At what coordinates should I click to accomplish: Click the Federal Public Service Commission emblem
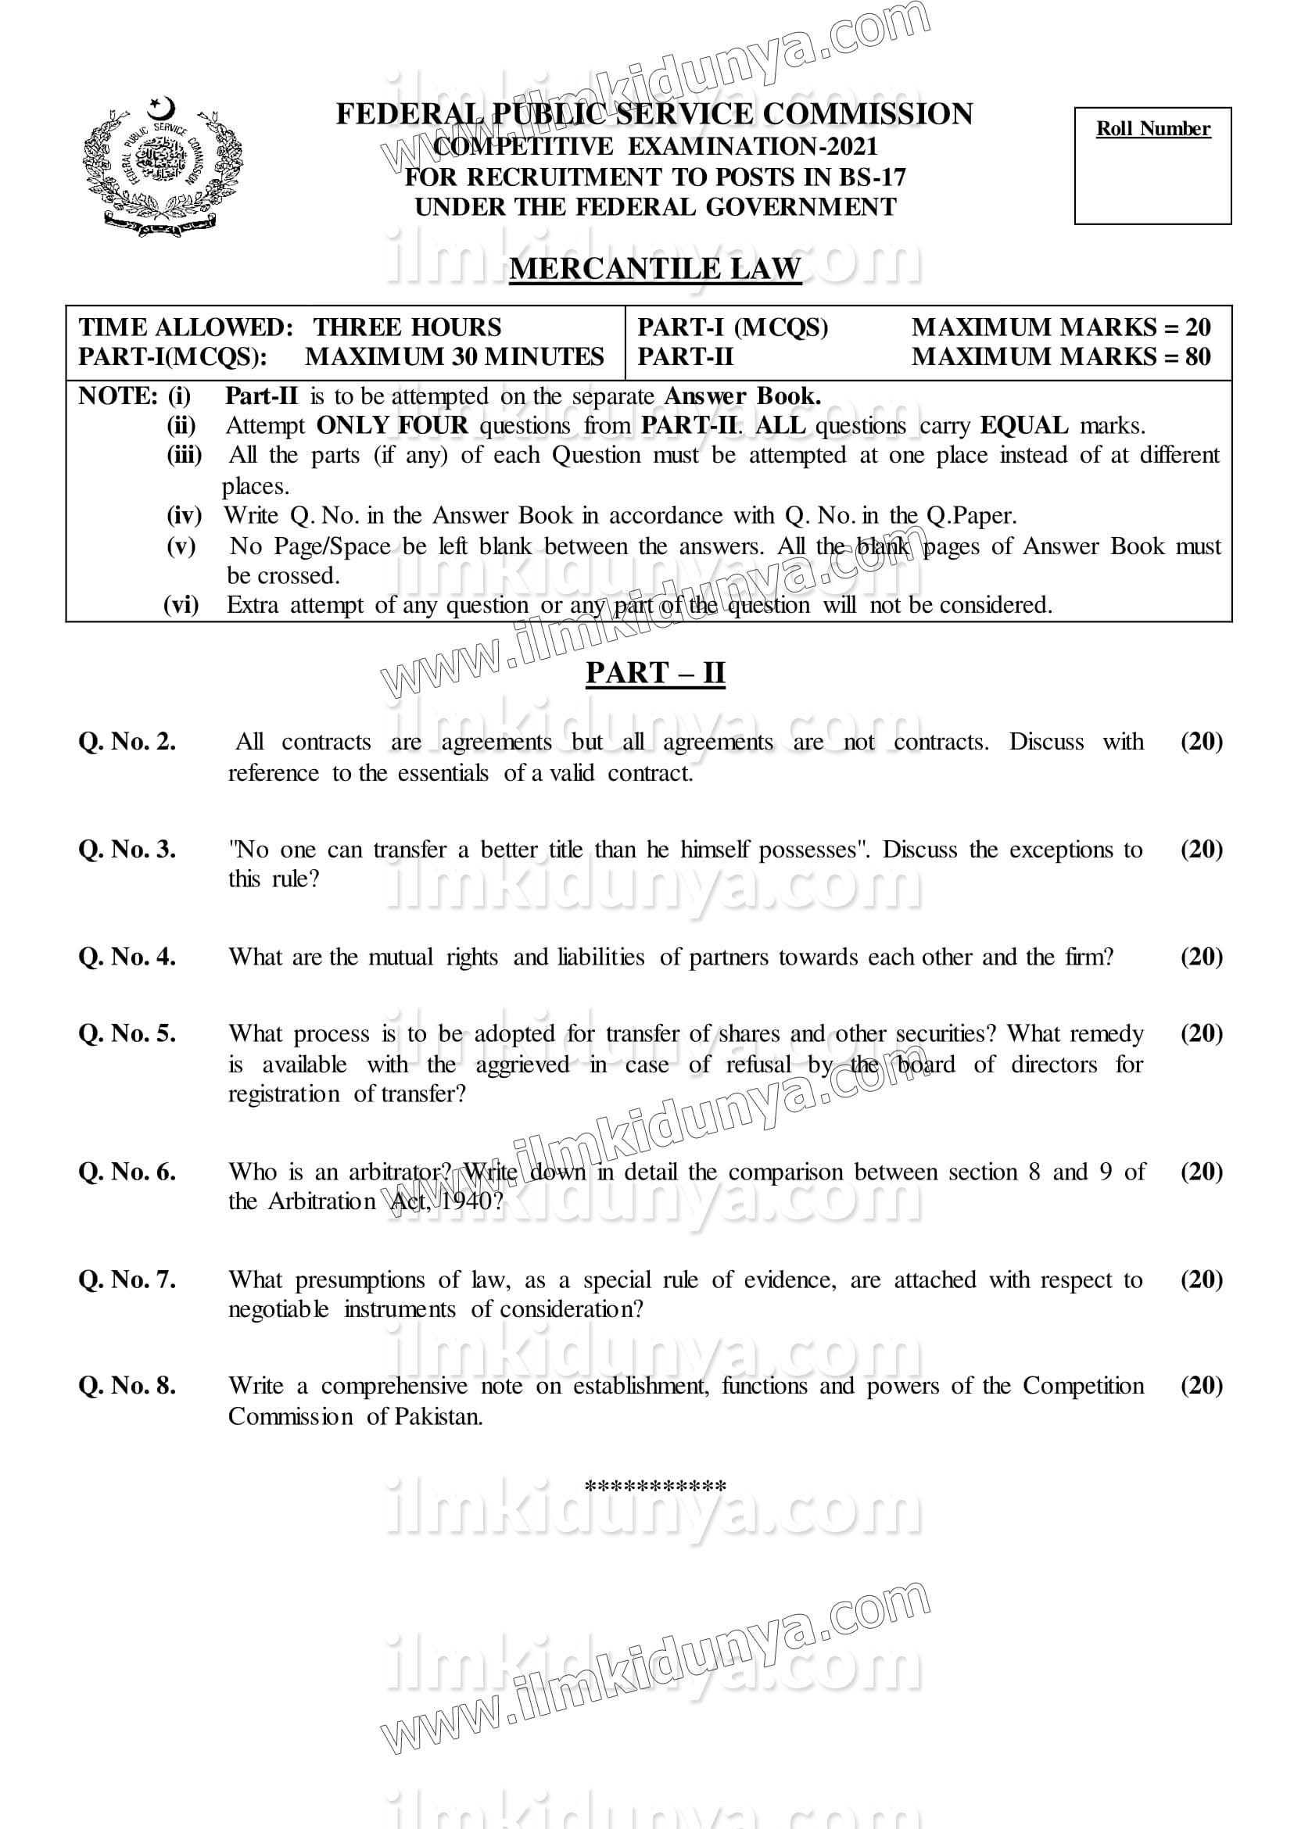pos(163,166)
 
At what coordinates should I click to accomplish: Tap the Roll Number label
pos(1152,129)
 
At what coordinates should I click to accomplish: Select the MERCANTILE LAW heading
pos(654,268)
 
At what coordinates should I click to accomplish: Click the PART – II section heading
pos(655,673)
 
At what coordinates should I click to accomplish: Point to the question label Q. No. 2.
pos(127,742)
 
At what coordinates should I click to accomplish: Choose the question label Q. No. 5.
pos(127,1033)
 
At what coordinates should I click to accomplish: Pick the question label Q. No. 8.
pos(127,1385)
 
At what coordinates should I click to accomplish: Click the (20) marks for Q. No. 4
pos(1201,956)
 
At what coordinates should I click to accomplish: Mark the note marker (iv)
pos(184,515)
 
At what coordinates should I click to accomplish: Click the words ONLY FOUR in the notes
pos(392,425)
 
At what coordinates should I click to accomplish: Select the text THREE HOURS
pos(407,328)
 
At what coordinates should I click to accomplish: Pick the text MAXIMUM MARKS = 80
pos(1060,356)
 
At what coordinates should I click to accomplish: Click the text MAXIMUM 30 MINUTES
pos(454,356)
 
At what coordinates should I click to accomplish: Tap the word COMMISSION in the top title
pos(868,114)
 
